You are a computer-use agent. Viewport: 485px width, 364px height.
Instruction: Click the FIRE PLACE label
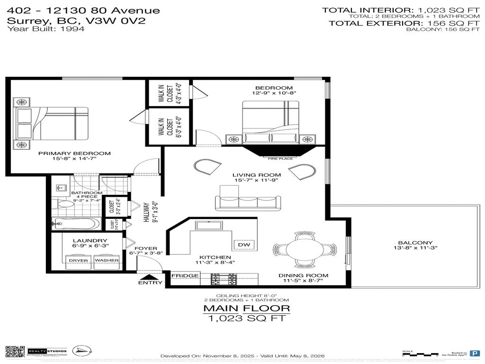[x=280, y=159]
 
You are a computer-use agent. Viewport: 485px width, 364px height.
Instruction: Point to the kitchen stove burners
[x=224, y=280]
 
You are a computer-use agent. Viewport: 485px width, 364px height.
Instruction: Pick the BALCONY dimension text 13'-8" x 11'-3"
[x=409, y=247]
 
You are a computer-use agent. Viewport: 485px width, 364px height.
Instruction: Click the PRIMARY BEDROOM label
[x=74, y=153]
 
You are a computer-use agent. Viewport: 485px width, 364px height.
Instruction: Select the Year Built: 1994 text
[x=46, y=29]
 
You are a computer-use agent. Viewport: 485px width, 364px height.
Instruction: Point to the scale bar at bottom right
[x=420, y=354]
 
